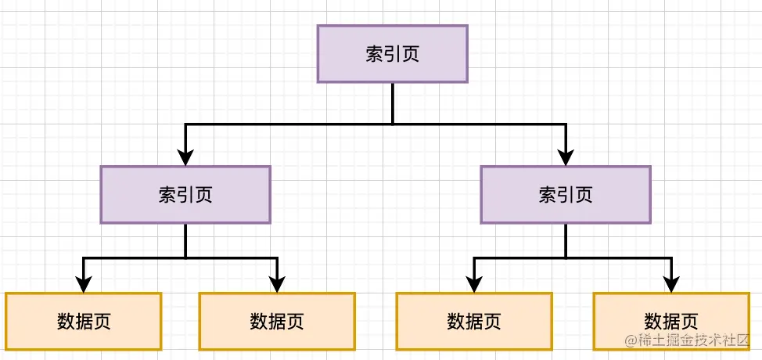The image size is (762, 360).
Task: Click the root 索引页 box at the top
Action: [392, 53]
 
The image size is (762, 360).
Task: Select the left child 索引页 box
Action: [185, 194]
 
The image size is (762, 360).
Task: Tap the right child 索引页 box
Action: [565, 194]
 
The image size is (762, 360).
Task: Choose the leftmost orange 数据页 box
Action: [83, 321]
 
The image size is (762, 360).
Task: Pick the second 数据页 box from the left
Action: [277, 321]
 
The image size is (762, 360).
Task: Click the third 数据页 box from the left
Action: [473, 321]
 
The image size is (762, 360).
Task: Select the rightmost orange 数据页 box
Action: [670, 321]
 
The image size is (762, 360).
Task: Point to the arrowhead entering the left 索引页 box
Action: [185, 157]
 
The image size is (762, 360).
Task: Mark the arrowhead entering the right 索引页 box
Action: [565, 157]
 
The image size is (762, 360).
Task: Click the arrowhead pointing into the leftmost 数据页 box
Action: [83, 283]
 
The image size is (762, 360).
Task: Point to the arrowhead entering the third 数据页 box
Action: [473, 283]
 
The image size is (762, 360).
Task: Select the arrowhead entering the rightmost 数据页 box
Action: [670, 283]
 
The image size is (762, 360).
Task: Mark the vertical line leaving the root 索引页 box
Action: [392, 103]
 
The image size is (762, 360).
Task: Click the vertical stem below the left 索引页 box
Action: [185, 240]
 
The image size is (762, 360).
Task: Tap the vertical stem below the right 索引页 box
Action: [565, 240]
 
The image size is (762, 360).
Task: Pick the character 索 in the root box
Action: [375, 53]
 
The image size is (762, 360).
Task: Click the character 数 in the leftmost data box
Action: [66, 321]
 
